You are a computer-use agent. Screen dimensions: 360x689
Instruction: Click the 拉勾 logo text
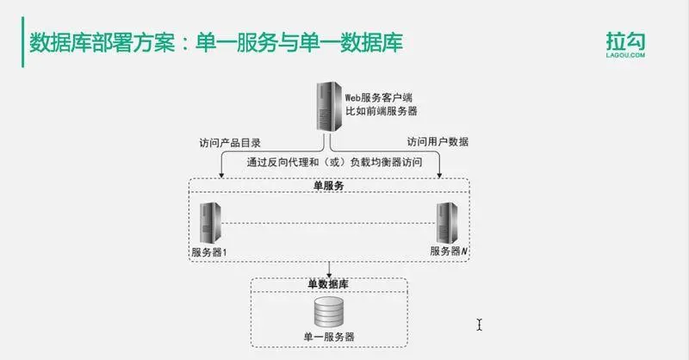coord(625,39)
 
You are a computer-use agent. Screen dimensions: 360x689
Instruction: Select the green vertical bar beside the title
coord(22,42)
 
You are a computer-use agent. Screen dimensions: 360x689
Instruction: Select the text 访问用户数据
coord(438,143)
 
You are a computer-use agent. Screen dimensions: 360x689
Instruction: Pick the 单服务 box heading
coord(329,185)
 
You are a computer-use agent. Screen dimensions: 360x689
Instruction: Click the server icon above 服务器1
coord(207,224)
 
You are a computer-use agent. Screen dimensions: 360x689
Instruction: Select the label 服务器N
coord(449,251)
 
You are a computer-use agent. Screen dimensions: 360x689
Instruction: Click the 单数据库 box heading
coord(328,283)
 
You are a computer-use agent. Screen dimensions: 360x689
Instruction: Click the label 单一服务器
coord(328,337)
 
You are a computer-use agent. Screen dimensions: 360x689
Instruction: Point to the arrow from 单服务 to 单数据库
coord(328,268)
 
